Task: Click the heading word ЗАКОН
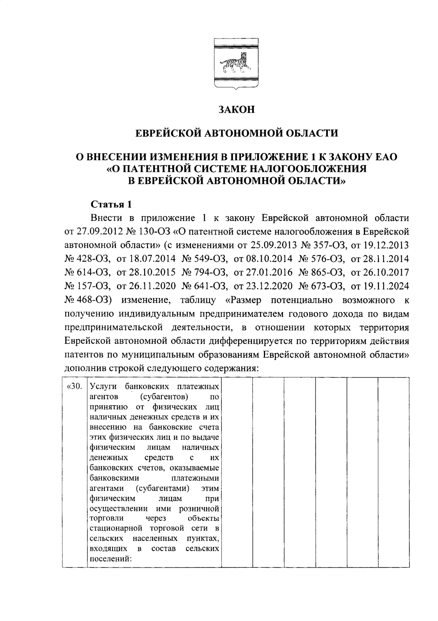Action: [x=237, y=109]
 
